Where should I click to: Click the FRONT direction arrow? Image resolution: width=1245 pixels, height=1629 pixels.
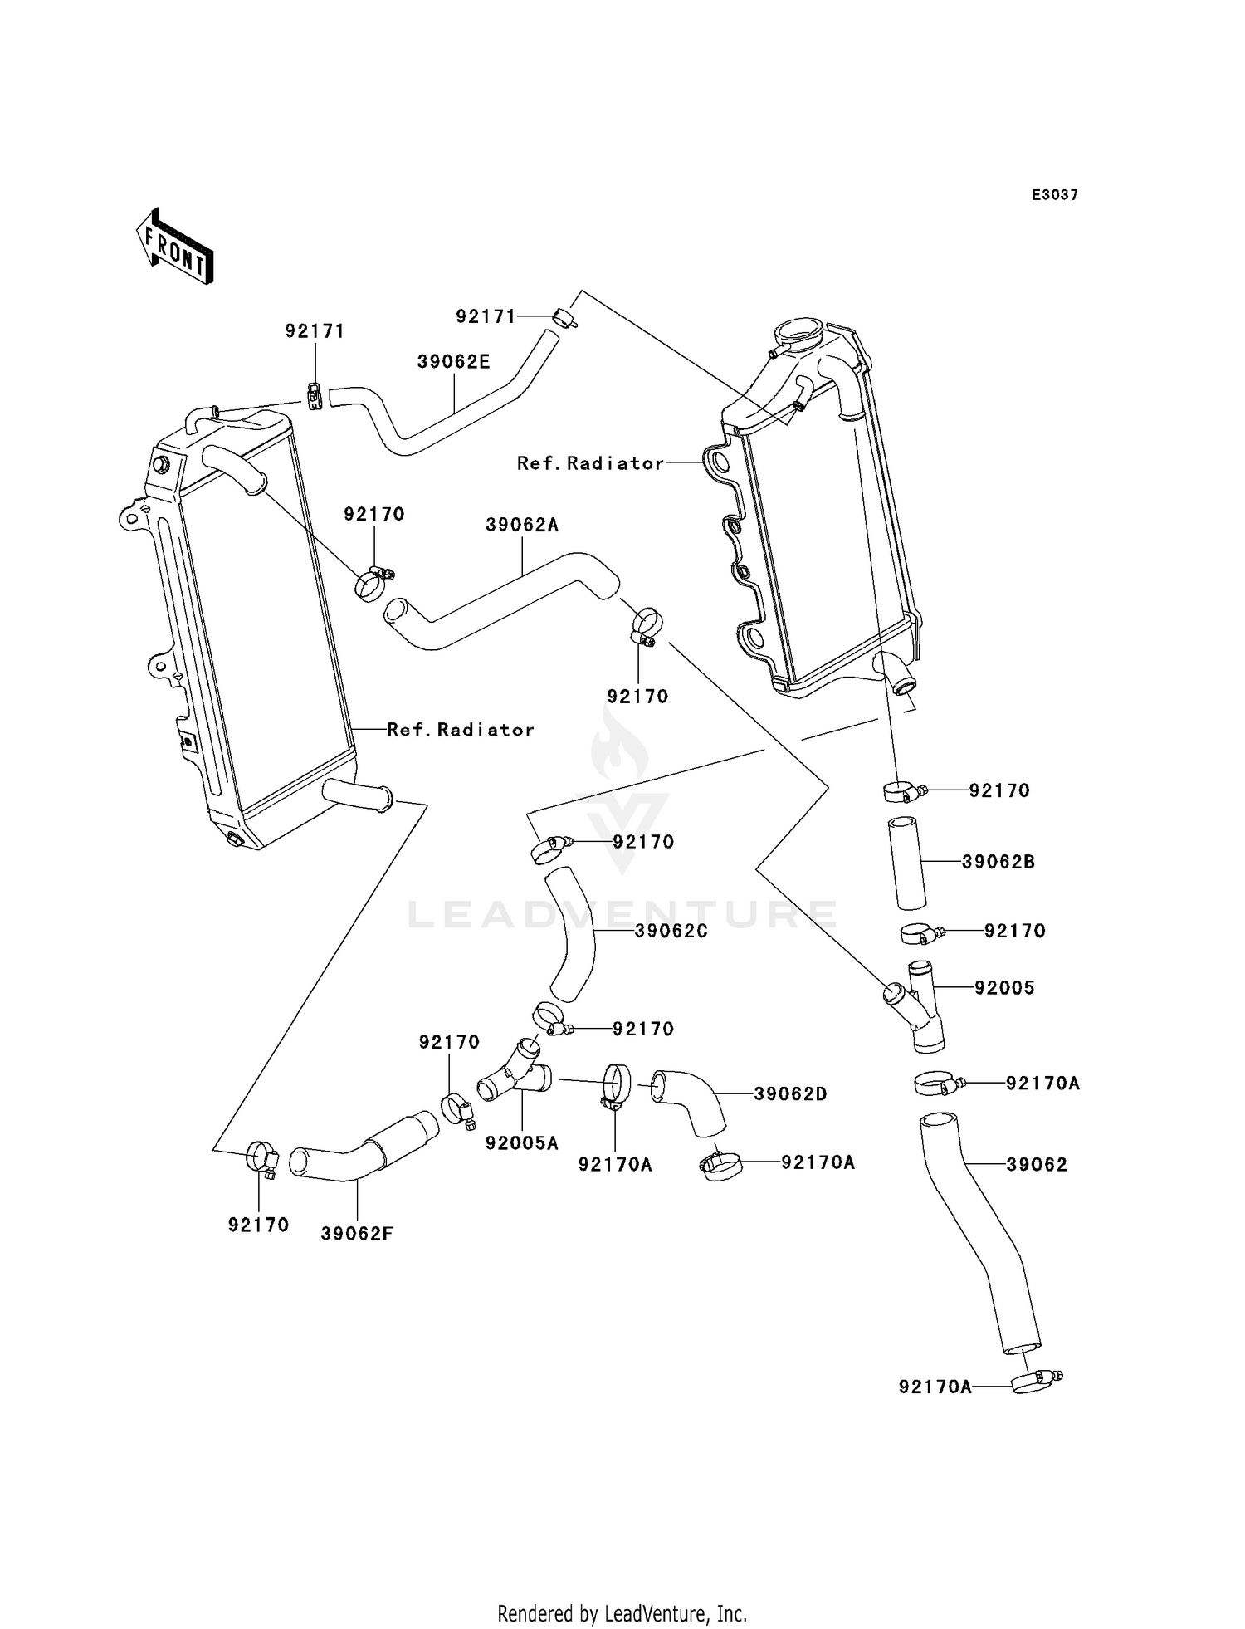(175, 247)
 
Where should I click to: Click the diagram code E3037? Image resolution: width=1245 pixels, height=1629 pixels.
(1055, 195)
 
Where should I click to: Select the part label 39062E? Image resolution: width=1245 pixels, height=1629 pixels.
(453, 361)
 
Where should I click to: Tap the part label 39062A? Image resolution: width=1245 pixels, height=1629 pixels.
(522, 525)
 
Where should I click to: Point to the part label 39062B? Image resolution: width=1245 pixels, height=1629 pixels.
(998, 862)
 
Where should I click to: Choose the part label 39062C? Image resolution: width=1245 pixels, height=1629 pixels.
(671, 931)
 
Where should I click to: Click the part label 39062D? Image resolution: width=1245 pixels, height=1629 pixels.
(791, 1094)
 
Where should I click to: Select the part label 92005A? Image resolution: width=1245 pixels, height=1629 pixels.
(522, 1143)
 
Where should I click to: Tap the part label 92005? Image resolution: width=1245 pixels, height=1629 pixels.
(1004, 988)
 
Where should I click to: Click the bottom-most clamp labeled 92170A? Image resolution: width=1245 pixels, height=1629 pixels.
(1034, 1382)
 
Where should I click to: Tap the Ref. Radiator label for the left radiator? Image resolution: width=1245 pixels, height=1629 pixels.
(461, 730)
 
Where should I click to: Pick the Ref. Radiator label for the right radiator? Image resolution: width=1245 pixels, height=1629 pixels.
(591, 463)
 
